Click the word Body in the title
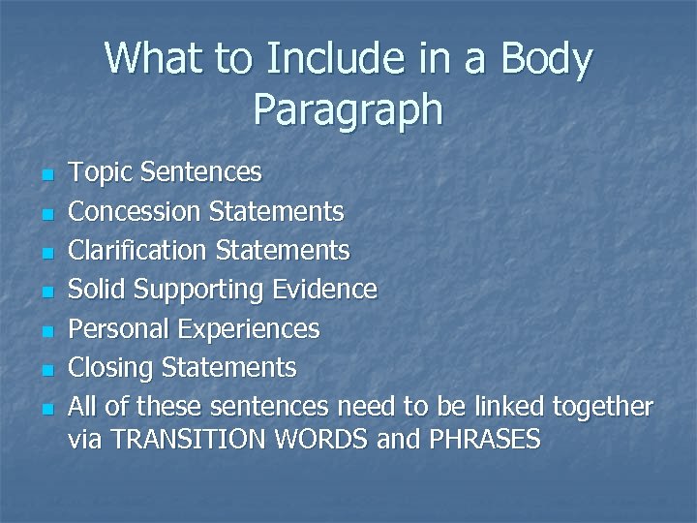[546, 60]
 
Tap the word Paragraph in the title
[348, 110]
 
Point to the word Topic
[102, 173]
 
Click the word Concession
[135, 210]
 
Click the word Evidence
[324, 289]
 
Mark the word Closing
[111, 368]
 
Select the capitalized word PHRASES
[482, 440]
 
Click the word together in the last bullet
[602, 408]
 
